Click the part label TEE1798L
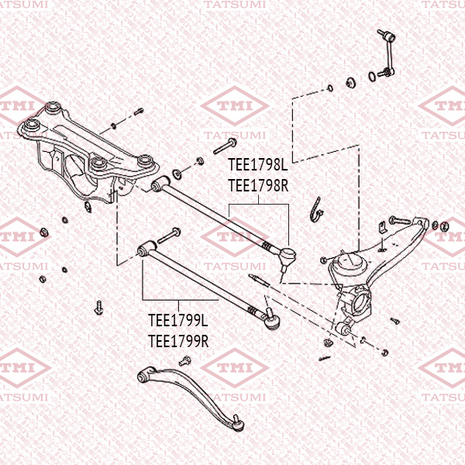[257, 166]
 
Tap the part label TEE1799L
[178, 320]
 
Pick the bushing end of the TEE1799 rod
[145, 250]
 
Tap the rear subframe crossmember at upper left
[85, 151]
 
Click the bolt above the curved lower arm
[184, 360]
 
